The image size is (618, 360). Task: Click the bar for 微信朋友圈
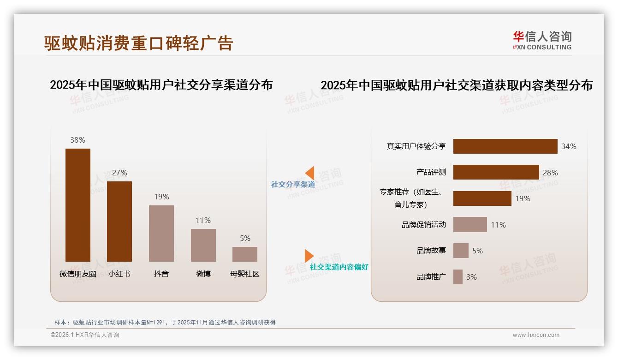[77, 205]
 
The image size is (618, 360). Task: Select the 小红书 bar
[119, 222]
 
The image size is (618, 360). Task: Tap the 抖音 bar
[161, 234]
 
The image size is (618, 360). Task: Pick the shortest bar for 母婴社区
[245, 254]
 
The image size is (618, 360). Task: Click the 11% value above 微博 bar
[203, 220]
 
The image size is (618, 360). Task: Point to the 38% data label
[77, 140]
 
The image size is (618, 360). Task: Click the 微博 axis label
[203, 274]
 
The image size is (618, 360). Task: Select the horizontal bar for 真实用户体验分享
[505, 146]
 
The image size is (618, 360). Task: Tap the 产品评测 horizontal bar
[496, 172]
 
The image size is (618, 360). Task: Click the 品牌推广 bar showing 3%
[458, 277]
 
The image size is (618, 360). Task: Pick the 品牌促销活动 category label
[423, 225]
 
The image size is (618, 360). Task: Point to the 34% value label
[569, 146]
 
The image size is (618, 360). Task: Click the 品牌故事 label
[431, 251]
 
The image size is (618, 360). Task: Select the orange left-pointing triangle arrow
[310, 173]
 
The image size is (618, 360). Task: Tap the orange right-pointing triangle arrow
[309, 256]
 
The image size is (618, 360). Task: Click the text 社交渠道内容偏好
[339, 267]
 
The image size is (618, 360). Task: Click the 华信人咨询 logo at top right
[542, 40]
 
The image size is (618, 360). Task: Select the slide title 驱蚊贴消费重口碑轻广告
[138, 43]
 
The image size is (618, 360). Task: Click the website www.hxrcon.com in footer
[536, 335]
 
